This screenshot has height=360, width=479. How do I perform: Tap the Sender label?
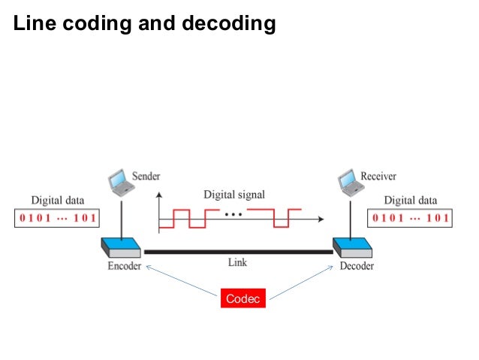click(146, 176)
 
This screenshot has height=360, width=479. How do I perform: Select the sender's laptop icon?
click(117, 180)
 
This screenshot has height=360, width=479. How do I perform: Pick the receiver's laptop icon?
click(348, 180)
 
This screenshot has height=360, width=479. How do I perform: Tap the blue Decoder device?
click(351, 249)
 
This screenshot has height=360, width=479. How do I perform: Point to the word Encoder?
click(124, 265)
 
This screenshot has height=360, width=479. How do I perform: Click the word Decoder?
click(355, 265)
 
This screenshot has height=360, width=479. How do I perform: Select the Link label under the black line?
click(237, 263)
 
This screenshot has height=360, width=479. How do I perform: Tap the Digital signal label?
click(234, 195)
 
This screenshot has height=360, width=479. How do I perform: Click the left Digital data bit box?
click(57, 219)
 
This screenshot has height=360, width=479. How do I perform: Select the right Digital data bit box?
click(409, 219)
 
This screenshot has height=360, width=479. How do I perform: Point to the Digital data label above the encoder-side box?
click(58, 201)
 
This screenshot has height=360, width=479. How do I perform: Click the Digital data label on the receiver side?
click(410, 201)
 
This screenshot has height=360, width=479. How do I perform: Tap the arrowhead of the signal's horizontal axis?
click(321, 220)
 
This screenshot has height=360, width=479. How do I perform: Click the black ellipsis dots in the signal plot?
click(233, 215)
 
